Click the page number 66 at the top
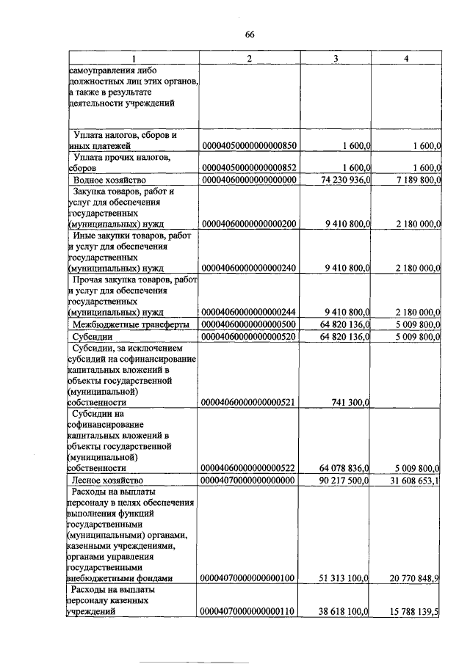coord(249,34)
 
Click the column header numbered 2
coord(249,58)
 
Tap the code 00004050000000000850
coord(248,147)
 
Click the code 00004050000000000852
coord(248,168)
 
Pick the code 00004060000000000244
coord(248,312)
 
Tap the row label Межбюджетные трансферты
coord(131,324)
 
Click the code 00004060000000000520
coord(248,336)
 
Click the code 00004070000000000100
coord(248,578)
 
